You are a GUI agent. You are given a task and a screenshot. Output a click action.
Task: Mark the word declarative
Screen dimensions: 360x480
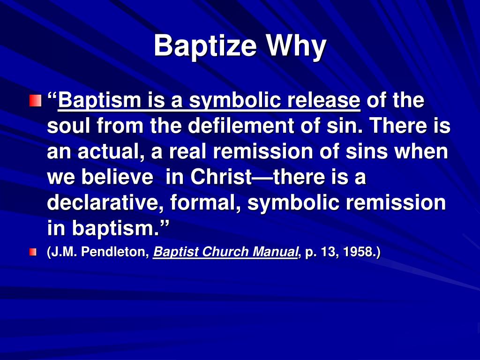[x=105, y=202]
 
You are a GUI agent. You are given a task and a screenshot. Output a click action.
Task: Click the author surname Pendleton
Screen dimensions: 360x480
[x=116, y=252]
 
